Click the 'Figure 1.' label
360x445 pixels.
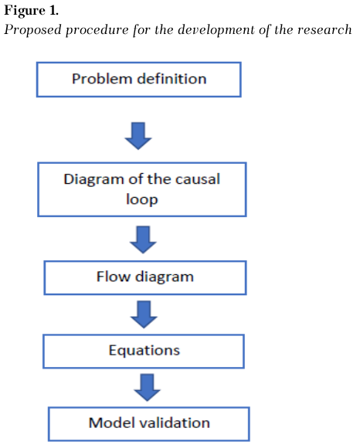pos(31,11)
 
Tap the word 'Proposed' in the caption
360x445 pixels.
pos(32,30)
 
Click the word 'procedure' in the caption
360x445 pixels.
pos(97,30)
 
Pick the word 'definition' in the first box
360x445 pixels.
pos(172,79)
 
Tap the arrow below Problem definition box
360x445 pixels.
pos(138,136)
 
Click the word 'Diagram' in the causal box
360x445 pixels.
pos(94,180)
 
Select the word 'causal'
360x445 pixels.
pos(198,179)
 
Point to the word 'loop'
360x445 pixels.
pos(142,199)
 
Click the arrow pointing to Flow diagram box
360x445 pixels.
pos(143,239)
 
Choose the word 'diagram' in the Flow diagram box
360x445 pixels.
pos(165,277)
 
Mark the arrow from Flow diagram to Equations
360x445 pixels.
pos(144,314)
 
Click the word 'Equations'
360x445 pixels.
pos(144,351)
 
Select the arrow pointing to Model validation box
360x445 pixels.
pos(148,388)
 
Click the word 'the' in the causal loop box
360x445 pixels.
pos(159,179)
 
